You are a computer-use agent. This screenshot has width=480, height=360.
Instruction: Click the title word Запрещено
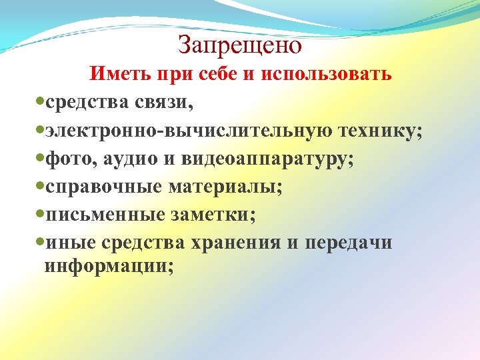(x=240, y=45)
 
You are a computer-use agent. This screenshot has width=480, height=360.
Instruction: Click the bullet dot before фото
(x=40, y=158)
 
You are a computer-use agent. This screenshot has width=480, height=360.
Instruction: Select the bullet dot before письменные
(x=40, y=214)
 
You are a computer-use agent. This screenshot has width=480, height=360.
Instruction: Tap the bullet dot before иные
(x=40, y=242)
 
